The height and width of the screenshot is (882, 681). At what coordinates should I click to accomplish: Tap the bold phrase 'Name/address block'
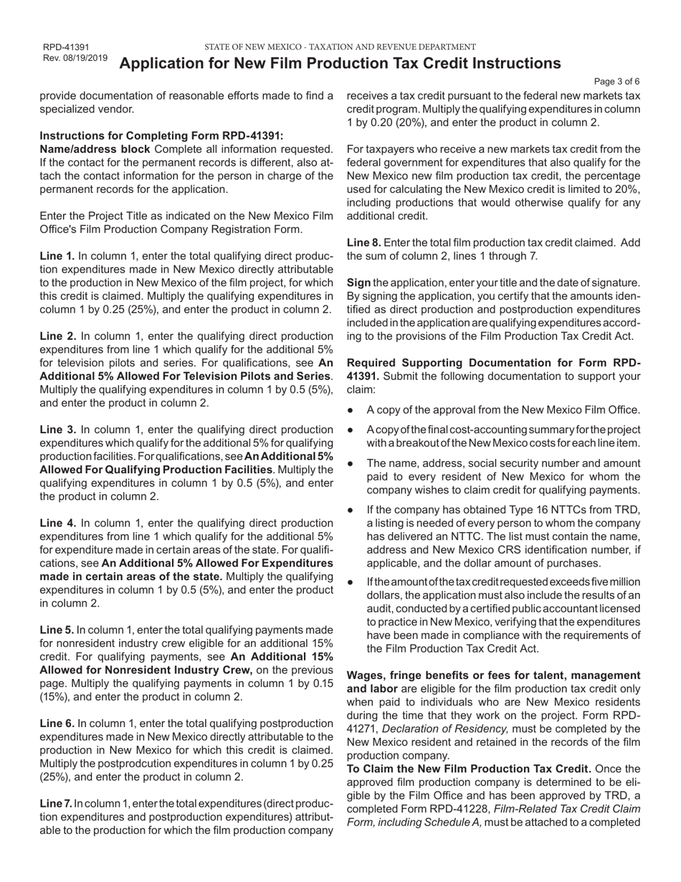coord(95,149)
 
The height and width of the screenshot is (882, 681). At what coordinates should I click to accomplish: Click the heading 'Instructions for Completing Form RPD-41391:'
coord(161,136)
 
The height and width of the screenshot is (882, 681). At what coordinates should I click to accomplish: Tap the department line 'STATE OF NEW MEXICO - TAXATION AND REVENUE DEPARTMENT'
coord(340,47)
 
